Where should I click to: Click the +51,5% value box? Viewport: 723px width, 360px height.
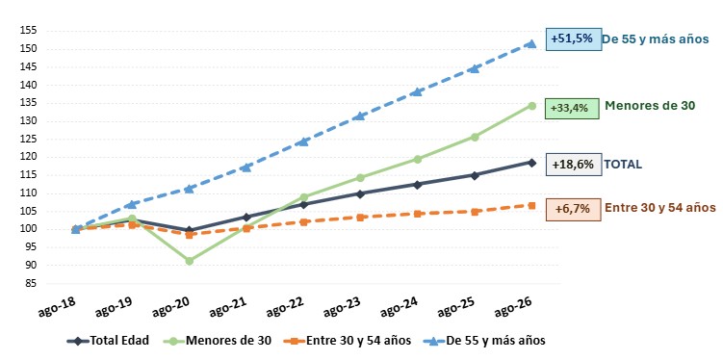point(574,39)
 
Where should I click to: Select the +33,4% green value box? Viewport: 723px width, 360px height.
point(572,109)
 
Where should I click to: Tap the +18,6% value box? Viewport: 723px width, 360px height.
point(574,165)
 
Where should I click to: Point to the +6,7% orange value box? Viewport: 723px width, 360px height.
point(573,209)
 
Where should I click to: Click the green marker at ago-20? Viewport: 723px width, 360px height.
point(189,261)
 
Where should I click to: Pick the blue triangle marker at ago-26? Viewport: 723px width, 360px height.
point(531,43)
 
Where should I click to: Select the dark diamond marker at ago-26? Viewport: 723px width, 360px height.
point(531,163)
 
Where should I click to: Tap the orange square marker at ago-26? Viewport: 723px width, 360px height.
point(531,206)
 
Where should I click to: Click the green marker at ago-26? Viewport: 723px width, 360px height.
point(531,106)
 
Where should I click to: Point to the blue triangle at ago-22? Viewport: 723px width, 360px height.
point(303,141)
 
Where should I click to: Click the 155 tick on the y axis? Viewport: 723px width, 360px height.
point(29,31)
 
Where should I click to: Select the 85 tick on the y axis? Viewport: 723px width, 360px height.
point(31,284)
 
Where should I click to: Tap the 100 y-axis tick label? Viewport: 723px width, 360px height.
point(29,229)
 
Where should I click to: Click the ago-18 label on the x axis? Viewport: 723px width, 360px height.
point(55,306)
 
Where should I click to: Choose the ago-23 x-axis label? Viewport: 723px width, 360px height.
point(340,306)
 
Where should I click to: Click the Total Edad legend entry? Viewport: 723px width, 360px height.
point(109,341)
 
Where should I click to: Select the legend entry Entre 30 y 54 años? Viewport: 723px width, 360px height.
point(351,341)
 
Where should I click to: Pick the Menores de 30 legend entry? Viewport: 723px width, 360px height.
point(218,341)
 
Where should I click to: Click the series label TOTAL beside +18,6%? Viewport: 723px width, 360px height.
point(623,165)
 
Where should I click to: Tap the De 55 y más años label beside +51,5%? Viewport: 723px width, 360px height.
point(656,39)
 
